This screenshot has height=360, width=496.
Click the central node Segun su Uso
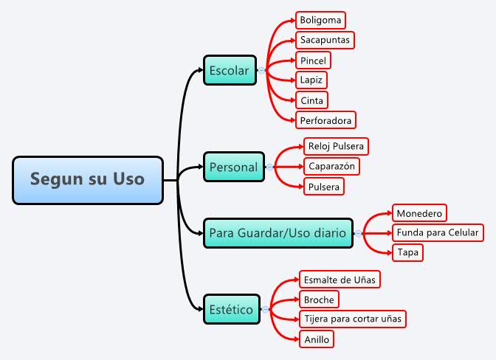pos(88,179)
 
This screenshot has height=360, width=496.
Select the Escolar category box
pos(230,71)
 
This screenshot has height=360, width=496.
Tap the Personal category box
pos(233,167)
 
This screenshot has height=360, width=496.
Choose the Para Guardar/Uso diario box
pos(278,232)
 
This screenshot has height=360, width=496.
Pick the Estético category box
pos(232,309)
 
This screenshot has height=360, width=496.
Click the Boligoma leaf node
pos(320,20)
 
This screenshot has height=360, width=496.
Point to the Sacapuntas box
pos(325,40)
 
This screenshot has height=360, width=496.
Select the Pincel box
pos(313,60)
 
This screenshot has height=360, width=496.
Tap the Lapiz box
pos(311,80)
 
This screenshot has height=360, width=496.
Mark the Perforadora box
pos(325,120)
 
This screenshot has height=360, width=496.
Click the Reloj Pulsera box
pos(336,146)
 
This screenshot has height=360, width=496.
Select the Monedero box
pos(419,213)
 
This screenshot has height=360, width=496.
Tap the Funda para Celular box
pos(438,233)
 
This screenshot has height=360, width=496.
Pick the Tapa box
pos(408,252)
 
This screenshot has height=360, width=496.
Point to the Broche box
pos(319,300)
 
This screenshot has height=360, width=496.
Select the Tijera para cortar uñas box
pos(352,319)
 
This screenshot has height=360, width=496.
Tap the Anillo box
pos(316,339)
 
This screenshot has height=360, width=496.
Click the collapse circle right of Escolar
pos(261,71)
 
